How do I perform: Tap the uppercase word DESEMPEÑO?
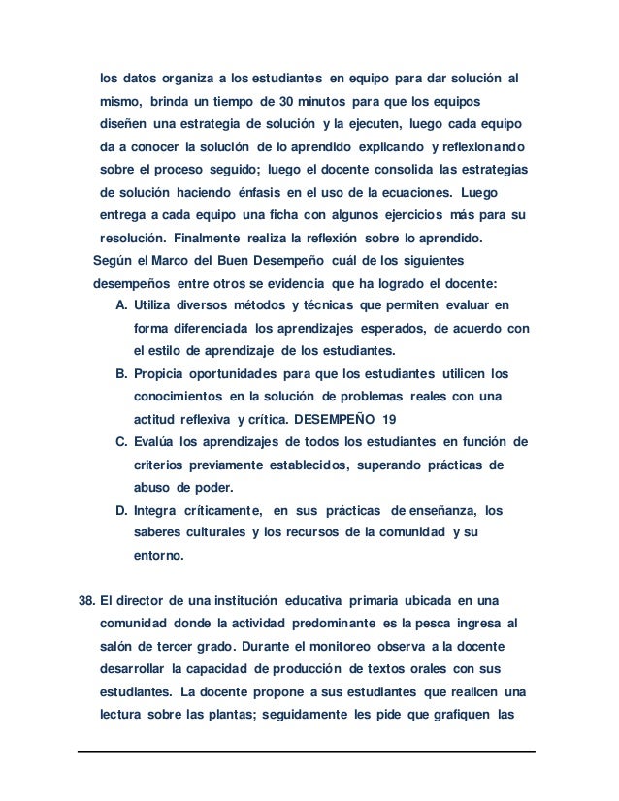pos(342,419)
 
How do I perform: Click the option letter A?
pos(120,304)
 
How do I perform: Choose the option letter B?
pos(120,372)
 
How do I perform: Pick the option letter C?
pos(120,442)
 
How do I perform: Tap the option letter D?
pos(120,510)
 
